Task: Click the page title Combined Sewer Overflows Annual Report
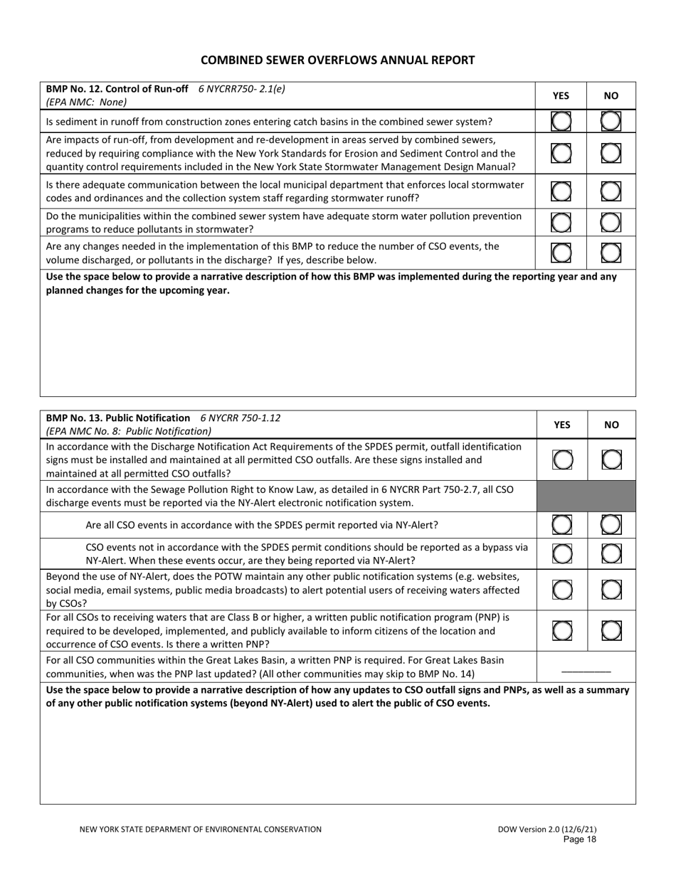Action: pyautogui.click(x=337, y=60)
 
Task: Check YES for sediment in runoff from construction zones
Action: pyautogui.click(x=561, y=122)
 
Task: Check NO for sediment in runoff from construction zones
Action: pyautogui.click(x=611, y=122)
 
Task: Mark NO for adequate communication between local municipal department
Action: pyautogui.click(x=611, y=191)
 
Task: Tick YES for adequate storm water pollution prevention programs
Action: pyautogui.click(x=561, y=223)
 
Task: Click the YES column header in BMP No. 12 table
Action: pyautogui.click(x=561, y=95)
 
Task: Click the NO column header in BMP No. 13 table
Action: pyautogui.click(x=611, y=425)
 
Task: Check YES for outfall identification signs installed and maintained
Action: pyautogui.click(x=561, y=460)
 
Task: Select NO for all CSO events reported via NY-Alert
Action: pyautogui.click(x=611, y=526)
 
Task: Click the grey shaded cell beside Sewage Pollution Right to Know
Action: pyautogui.click(x=586, y=497)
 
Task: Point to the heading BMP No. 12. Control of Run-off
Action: pyautogui.click(x=117, y=89)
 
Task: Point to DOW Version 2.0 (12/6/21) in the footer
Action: pyautogui.click(x=547, y=829)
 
